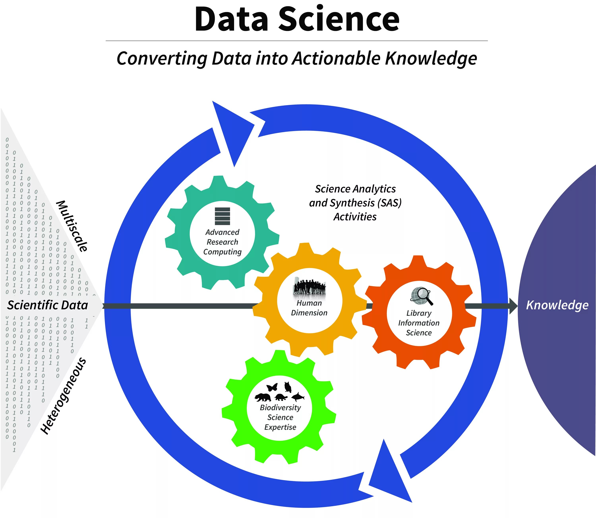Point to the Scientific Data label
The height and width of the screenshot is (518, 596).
click(47, 305)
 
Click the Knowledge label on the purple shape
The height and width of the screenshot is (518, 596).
click(557, 305)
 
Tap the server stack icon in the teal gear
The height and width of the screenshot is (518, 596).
click(222, 216)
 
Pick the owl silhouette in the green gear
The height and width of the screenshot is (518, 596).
click(287, 387)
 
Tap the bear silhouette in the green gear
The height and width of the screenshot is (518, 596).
click(263, 397)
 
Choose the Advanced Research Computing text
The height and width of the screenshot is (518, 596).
click(222, 242)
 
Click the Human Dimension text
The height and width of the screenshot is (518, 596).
click(309, 308)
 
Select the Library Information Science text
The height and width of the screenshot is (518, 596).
click(419, 323)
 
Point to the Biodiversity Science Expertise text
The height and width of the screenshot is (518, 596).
click(280, 417)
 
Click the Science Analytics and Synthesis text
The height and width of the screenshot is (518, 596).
click(355, 203)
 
